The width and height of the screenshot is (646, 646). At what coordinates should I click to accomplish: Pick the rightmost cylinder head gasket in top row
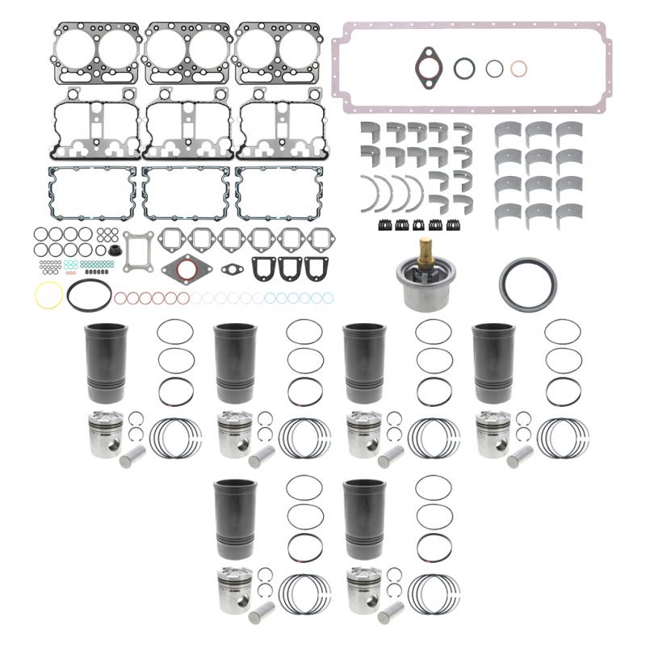point(276,54)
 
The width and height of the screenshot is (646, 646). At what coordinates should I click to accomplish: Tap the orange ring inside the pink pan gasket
point(519,69)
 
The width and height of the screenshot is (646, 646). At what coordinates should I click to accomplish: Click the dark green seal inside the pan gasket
point(465,69)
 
